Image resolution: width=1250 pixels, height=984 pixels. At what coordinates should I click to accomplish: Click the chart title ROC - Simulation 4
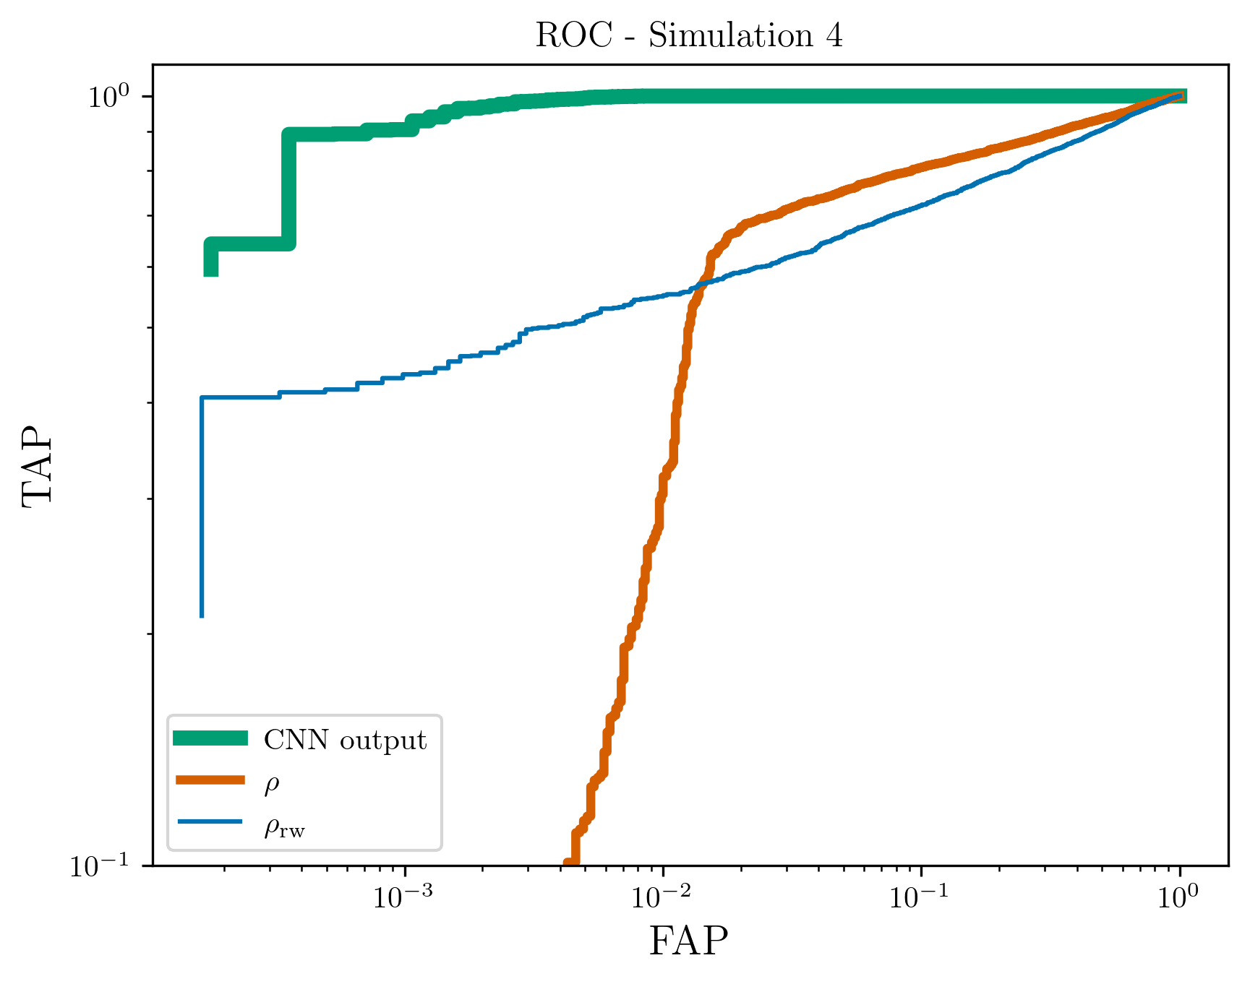689,35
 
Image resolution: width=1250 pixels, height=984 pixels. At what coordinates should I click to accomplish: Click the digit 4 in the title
834,35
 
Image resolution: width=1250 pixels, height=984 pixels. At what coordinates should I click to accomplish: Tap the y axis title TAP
38,465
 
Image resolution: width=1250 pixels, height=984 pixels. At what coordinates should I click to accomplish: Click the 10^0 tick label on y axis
108,96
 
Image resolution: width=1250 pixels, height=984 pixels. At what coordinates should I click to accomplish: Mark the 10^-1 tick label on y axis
101,865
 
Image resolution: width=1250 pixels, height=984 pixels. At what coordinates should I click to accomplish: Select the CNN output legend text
345,740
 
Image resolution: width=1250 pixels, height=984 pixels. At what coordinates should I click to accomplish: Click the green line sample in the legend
210,738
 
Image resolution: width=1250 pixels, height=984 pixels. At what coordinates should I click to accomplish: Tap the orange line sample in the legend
210,780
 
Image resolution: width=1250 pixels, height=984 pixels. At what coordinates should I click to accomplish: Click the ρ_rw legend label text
284,827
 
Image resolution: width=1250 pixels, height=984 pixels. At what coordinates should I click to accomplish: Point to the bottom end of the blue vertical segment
202,616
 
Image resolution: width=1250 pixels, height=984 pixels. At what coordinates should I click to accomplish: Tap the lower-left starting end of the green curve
210,273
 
